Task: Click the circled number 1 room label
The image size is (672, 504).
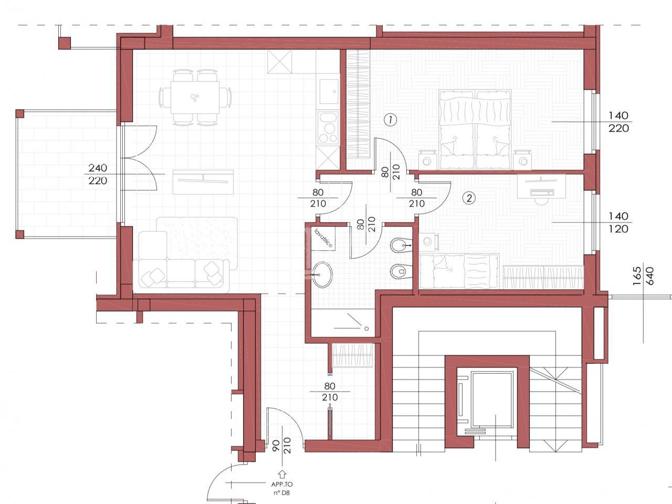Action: (x=391, y=120)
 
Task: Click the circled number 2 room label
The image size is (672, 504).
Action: (x=469, y=198)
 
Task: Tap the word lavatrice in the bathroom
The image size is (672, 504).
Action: (x=323, y=238)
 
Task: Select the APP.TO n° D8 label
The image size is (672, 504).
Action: (x=281, y=488)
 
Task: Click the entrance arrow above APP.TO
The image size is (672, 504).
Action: (x=281, y=474)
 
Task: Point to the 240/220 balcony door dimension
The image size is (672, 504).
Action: (x=98, y=174)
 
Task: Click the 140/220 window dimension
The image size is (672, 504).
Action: (x=618, y=122)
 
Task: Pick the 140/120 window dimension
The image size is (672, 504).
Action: (x=618, y=223)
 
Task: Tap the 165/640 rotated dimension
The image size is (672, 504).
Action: (x=643, y=276)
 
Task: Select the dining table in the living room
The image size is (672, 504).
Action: (x=195, y=97)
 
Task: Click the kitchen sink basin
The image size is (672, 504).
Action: (x=329, y=91)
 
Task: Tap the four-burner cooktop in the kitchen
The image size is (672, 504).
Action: (x=329, y=128)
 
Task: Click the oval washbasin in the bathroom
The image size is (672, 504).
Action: (x=322, y=275)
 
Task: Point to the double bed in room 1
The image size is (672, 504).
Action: (x=475, y=130)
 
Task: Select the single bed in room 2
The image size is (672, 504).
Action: (x=459, y=271)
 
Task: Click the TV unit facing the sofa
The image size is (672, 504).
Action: (x=203, y=182)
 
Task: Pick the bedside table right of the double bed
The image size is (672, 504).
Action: (x=522, y=159)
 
